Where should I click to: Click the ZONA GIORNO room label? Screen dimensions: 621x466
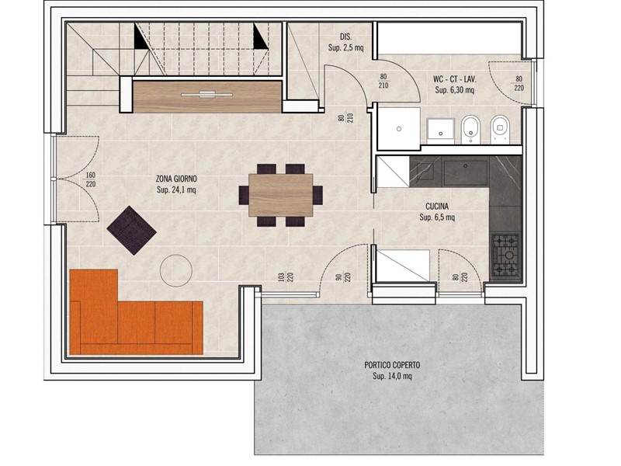[x=176, y=179]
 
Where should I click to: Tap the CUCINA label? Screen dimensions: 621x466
[x=437, y=207]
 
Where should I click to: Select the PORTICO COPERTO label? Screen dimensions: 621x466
[x=392, y=365]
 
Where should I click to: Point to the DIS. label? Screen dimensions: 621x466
[x=345, y=37]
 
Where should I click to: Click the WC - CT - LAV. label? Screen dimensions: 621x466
[x=455, y=79]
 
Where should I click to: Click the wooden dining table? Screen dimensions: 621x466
[x=281, y=195]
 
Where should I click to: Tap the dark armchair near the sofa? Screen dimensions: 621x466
[x=131, y=230]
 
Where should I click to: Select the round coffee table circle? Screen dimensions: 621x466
[x=176, y=270]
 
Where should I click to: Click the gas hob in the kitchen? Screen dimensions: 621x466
[x=506, y=256]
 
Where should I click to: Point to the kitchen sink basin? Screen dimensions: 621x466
[x=465, y=172]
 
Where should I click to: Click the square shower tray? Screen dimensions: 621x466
[x=399, y=128]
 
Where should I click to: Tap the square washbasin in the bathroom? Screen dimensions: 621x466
[x=440, y=129]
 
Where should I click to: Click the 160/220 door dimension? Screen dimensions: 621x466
[x=91, y=179]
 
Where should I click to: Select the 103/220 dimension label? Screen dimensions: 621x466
[x=286, y=276]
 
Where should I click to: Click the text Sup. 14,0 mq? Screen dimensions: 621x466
[x=392, y=376]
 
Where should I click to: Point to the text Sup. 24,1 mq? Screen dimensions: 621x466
[x=176, y=190]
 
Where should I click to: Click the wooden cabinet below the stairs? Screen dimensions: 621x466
[x=207, y=96]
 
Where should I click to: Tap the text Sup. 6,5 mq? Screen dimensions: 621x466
[x=437, y=217]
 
